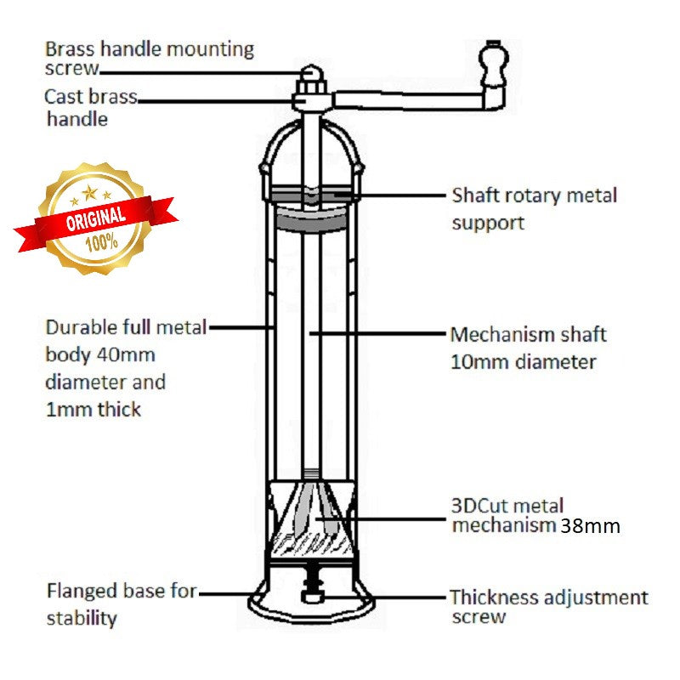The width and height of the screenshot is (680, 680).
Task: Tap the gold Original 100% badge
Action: point(94,217)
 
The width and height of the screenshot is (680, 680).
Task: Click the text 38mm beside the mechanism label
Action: point(589,526)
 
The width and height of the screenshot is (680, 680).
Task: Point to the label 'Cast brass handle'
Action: point(89,108)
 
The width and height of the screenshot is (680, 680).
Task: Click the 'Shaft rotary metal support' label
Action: point(533,208)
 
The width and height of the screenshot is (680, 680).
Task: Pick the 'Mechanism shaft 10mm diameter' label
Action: point(528,348)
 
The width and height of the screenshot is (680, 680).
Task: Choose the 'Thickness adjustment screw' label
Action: point(548,607)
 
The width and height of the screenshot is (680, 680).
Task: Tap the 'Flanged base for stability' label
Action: point(121,603)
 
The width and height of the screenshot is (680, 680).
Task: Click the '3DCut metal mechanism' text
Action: point(507,516)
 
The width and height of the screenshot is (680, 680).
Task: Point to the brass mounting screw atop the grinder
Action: point(310,76)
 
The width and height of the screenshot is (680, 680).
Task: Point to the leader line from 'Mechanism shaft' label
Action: point(378,333)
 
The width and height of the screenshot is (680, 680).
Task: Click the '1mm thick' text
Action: point(93,409)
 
